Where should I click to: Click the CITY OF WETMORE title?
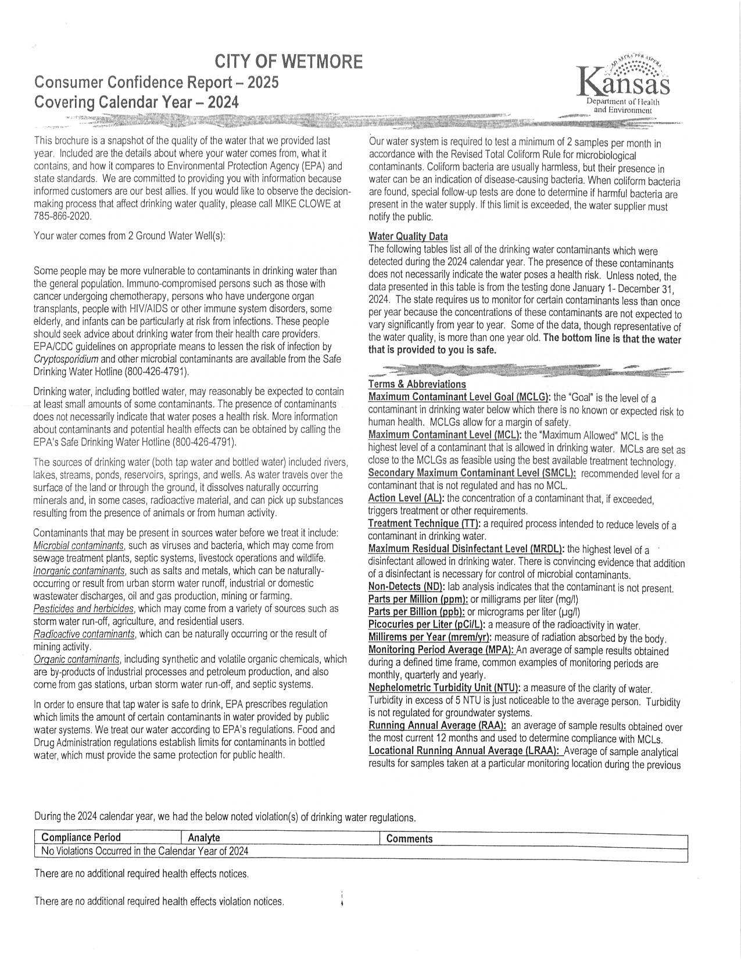pos(289,61)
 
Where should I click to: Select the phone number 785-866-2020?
pos(63,216)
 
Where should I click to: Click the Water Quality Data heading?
pos(408,237)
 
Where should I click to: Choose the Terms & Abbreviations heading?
pos(417,385)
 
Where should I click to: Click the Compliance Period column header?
pos(81,838)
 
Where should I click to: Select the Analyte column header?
pos(204,838)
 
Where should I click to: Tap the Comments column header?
pos(409,838)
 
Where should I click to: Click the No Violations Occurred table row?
pos(145,851)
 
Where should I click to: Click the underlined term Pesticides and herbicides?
pos(84,609)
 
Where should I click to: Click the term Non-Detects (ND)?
pos(406,587)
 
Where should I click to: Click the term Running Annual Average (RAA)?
pos(437,726)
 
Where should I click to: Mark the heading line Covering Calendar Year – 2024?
pos(137,102)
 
